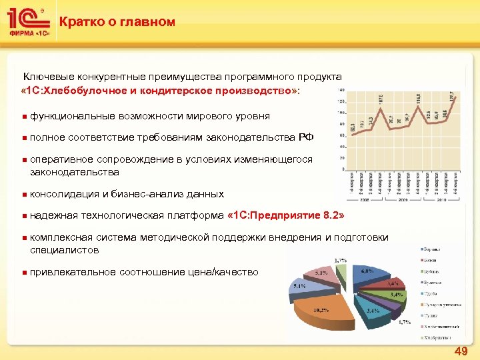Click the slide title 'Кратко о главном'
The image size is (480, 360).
pyautogui.click(x=117, y=22)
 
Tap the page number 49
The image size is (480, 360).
pyautogui.click(x=461, y=351)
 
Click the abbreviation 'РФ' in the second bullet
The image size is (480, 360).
pyautogui.click(x=306, y=137)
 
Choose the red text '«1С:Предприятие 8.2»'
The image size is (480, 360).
pyautogui.click(x=287, y=215)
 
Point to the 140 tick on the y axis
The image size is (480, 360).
pyautogui.click(x=341, y=89)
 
